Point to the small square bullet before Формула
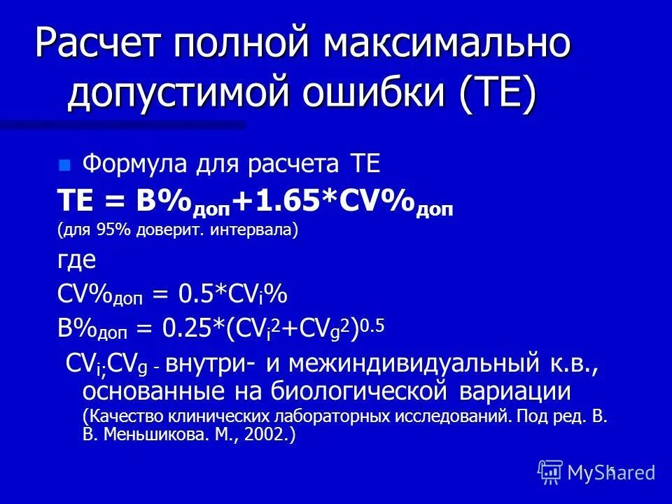coord(65,167)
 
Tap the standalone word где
coord(76,260)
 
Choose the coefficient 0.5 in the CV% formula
coord(191,295)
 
